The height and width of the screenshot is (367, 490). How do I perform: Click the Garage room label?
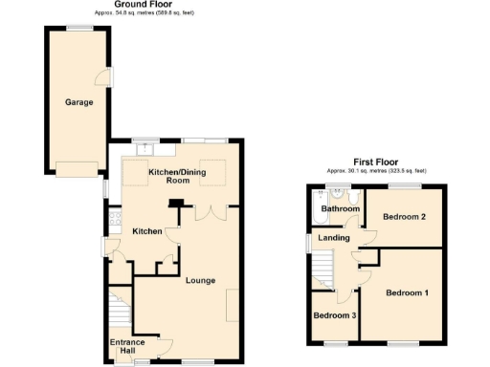point(78,101)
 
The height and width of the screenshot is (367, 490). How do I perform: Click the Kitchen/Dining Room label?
point(168,176)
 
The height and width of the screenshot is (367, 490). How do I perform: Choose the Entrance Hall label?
point(125,347)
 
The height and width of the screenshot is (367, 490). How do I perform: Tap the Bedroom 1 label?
point(407,291)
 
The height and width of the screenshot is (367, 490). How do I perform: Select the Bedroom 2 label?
point(404,217)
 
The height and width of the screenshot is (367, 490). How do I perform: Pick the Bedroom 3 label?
point(334,315)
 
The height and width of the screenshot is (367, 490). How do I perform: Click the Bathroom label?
point(339,208)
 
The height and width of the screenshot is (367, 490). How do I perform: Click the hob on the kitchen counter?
point(114,215)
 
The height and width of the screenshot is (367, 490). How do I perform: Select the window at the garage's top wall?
point(78,28)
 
